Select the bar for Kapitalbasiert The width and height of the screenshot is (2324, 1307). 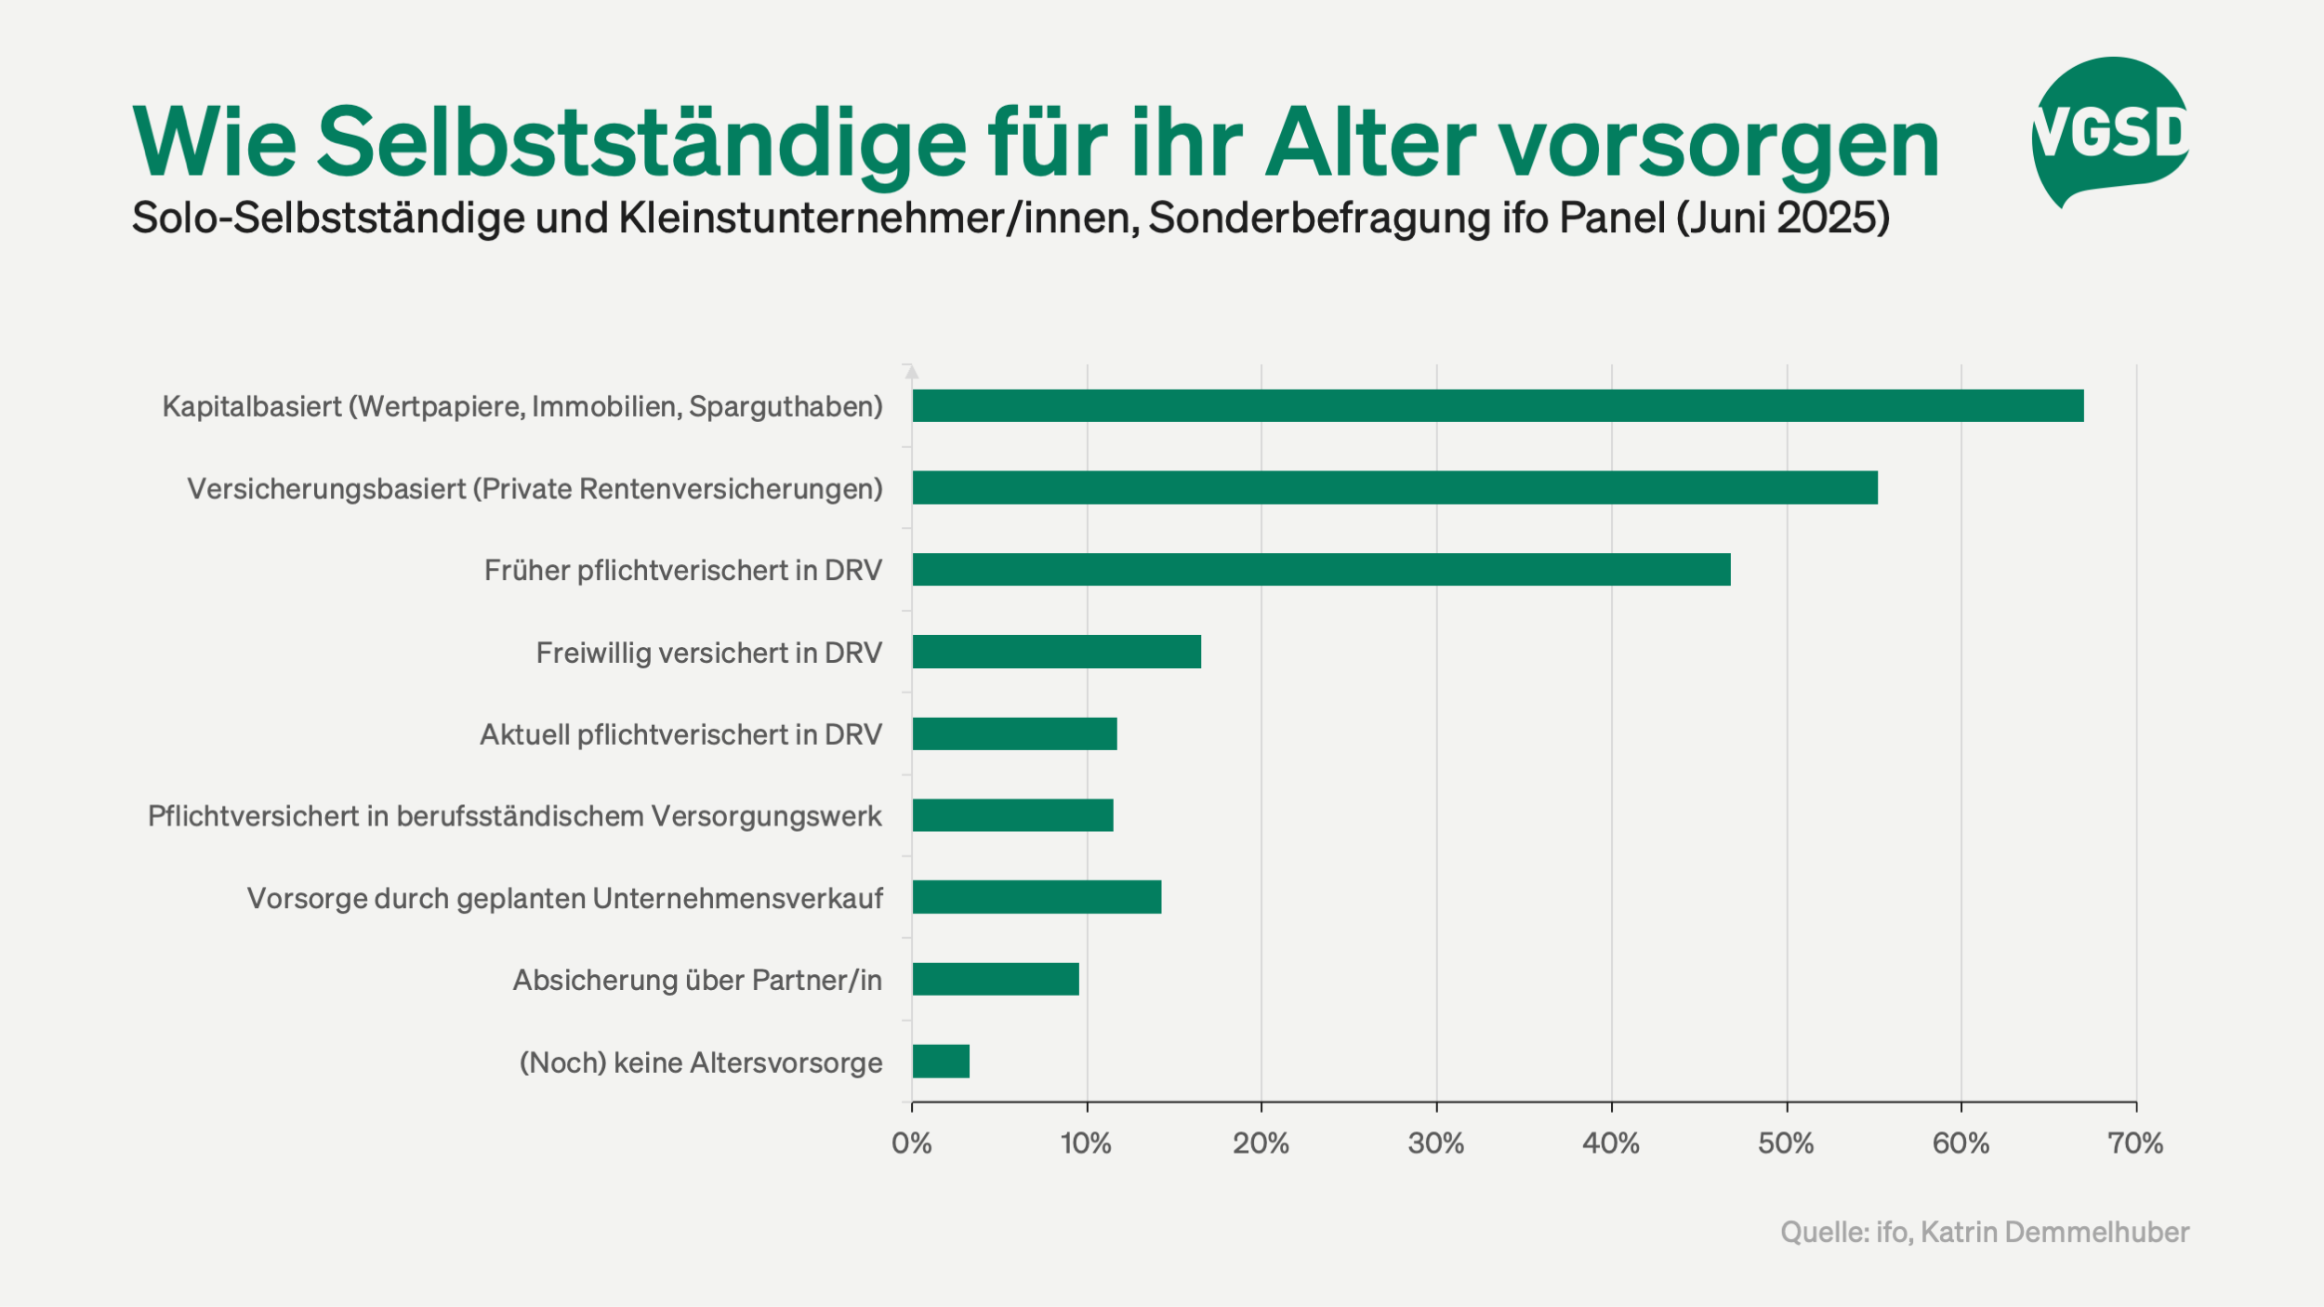click(x=1497, y=405)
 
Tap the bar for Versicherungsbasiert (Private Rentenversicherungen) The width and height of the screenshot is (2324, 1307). click(x=1394, y=487)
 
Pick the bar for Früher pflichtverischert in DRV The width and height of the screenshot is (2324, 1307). click(x=1320, y=569)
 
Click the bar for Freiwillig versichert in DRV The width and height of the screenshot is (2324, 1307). click(x=1056, y=652)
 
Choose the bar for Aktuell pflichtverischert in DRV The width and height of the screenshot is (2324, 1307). click(x=1014, y=733)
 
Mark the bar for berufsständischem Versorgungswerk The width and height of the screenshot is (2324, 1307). click(x=1012, y=815)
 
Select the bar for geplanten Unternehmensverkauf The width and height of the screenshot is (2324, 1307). click(x=1037, y=897)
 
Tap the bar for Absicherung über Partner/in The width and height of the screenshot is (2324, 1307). click(x=996, y=979)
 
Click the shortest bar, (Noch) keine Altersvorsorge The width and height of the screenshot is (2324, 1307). click(x=941, y=1061)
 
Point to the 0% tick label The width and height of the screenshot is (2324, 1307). click(x=911, y=1142)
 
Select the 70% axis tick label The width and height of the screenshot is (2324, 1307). click(x=2135, y=1142)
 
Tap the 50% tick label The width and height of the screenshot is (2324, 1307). click(x=1786, y=1142)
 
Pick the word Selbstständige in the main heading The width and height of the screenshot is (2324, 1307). click(x=641, y=143)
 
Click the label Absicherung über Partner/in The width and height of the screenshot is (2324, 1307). click(x=697, y=980)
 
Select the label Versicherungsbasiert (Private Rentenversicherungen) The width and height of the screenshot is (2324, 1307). click(x=535, y=488)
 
